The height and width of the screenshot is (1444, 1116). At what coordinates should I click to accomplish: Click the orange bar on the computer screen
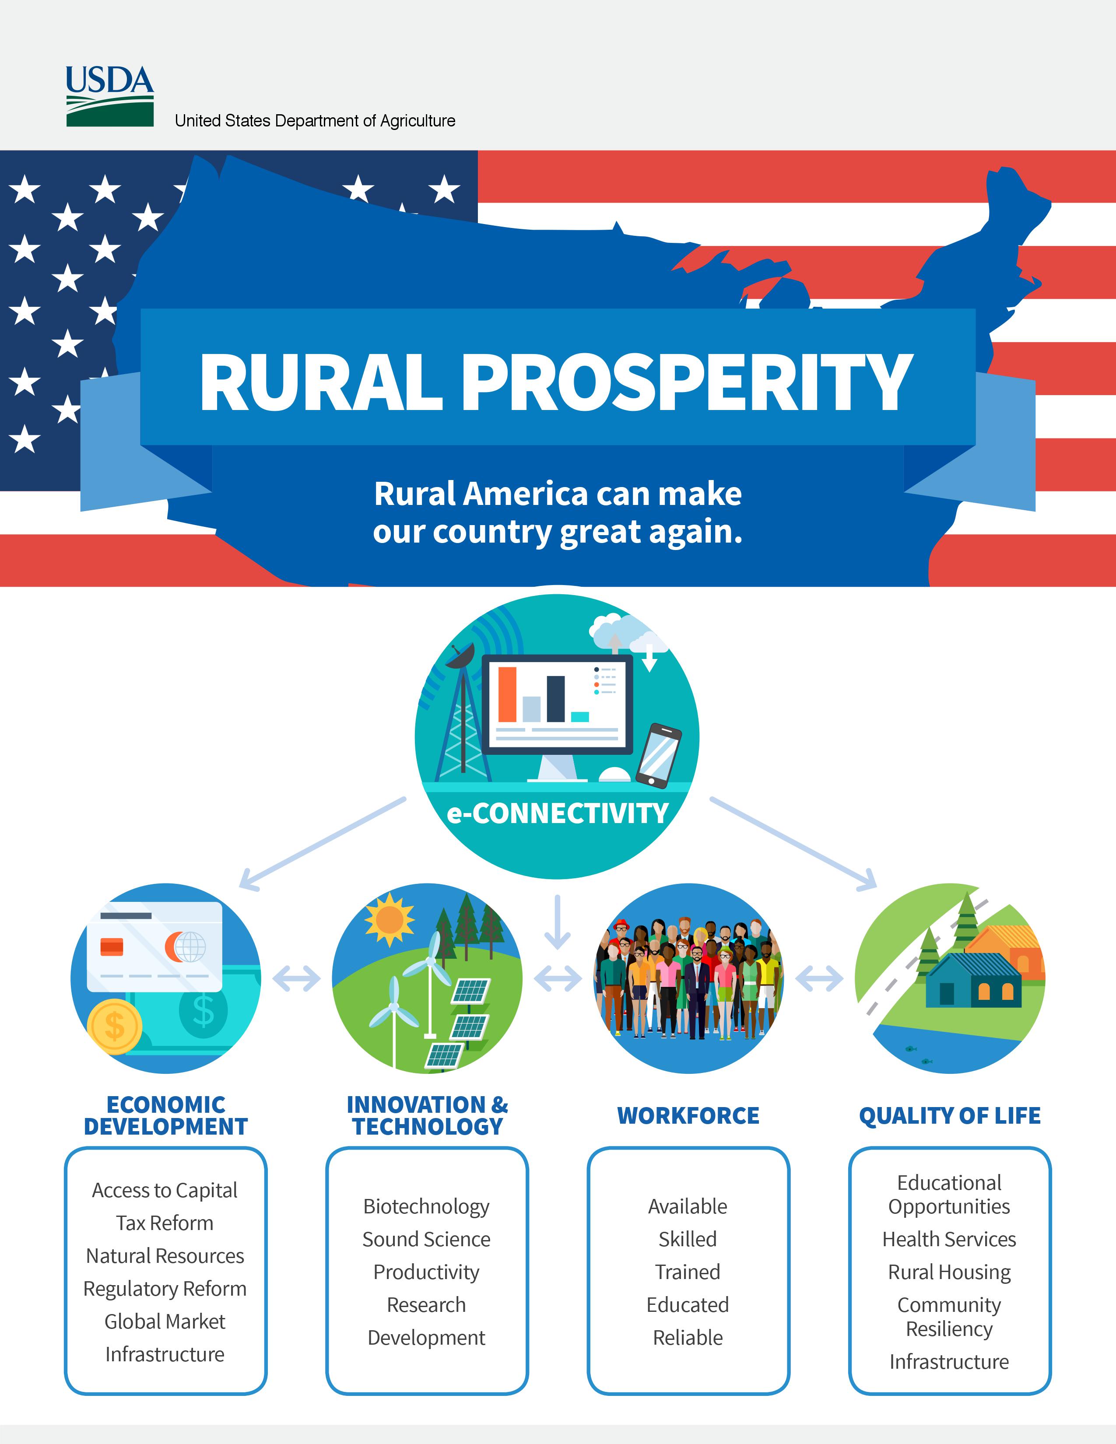click(x=507, y=694)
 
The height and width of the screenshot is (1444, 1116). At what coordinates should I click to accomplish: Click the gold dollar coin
click(x=114, y=1027)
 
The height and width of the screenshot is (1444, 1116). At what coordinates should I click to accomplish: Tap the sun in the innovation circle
click(x=390, y=919)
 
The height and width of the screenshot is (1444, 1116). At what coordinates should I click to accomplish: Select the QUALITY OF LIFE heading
click(x=949, y=1116)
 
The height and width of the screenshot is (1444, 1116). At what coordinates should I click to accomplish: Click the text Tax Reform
click(x=165, y=1223)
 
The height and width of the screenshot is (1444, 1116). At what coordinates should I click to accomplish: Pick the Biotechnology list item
click(x=426, y=1207)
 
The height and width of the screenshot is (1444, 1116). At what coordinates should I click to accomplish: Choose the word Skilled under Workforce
click(x=688, y=1239)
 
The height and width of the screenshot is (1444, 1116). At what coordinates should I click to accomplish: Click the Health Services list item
click(x=949, y=1239)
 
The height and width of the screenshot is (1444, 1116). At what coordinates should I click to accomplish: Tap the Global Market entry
click(x=165, y=1321)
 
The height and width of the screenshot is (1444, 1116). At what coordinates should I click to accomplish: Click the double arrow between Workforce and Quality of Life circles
click(x=819, y=978)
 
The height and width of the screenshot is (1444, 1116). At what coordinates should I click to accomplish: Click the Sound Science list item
click(x=426, y=1239)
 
